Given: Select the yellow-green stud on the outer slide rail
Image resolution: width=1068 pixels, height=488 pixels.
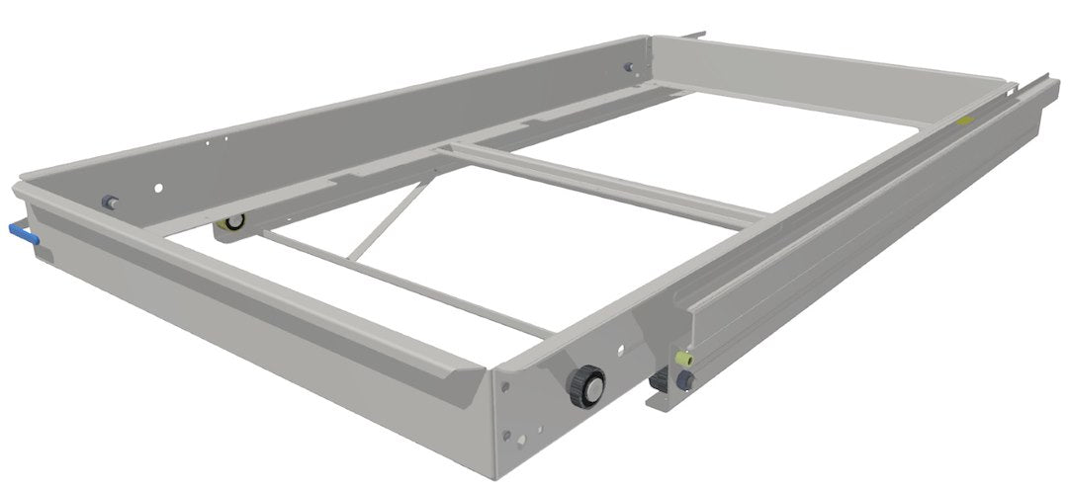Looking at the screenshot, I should click(x=679, y=357).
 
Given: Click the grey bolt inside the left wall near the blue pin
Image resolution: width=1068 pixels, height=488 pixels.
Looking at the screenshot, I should click(x=109, y=202).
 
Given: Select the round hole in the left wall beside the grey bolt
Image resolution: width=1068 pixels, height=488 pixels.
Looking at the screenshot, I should click(x=157, y=186).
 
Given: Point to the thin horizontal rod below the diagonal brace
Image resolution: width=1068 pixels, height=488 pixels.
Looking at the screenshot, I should click(x=396, y=286).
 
